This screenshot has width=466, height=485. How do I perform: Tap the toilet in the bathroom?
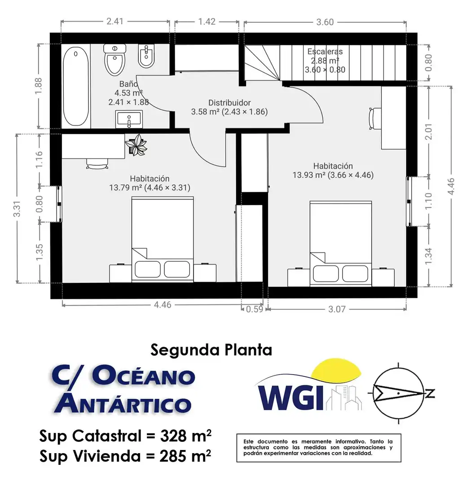coord(115,59)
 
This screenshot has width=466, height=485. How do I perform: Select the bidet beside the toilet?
coord(146,56)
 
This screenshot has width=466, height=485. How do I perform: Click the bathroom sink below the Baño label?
coord(129,119)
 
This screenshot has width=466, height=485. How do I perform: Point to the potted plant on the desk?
coord(136,145)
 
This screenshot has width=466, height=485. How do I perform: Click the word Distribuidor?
coord(229,103)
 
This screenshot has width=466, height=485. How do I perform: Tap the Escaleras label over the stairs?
coord(325,52)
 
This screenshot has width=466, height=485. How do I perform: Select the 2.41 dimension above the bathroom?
coord(115,22)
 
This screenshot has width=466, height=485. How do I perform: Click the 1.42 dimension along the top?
coord(207,22)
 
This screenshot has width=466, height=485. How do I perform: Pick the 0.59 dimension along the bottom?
coord(255,309)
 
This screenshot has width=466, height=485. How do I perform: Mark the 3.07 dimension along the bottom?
coord(337,309)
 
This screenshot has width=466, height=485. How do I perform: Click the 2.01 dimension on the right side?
coord(428,132)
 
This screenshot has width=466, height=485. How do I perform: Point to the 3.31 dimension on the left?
coord(17,209)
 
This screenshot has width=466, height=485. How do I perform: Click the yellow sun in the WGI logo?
coord(336,369)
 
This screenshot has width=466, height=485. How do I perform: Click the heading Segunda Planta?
coord(211,350)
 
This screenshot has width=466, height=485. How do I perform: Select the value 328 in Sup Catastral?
coord(173,436)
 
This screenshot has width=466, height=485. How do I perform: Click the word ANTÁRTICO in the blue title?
coord(123,402)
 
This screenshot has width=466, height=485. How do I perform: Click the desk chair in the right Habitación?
coord(374,118)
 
